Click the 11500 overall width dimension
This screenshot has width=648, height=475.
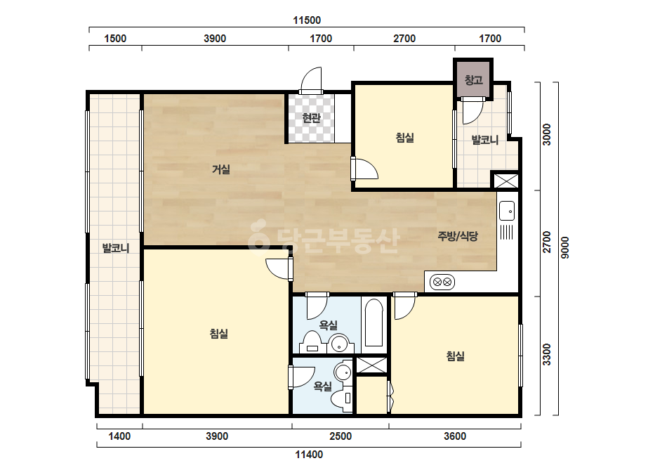click(x=307, y=20)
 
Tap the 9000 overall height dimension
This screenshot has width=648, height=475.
click(x=565, y=248)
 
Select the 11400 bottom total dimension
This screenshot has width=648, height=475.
click(x=309, y=455)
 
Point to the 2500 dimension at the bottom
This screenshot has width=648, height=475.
click(x=340, y=436)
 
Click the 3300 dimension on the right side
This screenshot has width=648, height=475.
click(x=547, y=355)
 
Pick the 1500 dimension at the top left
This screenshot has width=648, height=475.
click(x=115, y=39)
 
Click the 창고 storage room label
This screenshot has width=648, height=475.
click(x=474, y=79)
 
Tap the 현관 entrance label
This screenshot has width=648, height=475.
click(x=311, y=118)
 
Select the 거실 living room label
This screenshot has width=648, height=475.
click(x=221, y=169)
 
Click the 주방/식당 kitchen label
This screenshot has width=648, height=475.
click(x=458, y=236)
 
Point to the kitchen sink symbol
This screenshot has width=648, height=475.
click(x=507, y=211)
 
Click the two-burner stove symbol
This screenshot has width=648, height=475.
click(x=442, y=282)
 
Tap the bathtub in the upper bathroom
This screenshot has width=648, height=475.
click(x=374, y=323)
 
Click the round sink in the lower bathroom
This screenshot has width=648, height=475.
click(x=343, y=372)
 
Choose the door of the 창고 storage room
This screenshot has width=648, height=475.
click(x=472, y=110)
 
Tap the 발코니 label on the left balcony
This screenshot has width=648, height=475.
click(x=116, y=248)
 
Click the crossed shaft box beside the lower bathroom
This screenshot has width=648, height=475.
click(x=371, y=365)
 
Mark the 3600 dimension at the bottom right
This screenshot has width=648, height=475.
click(x=455, y=436)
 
